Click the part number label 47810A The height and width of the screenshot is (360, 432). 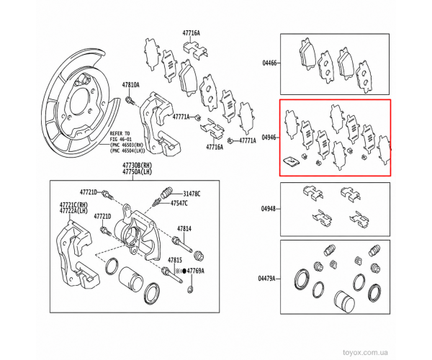130,86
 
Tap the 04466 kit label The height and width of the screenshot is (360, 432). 269,63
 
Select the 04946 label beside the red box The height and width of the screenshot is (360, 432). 269,138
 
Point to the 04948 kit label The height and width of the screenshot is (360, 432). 269,209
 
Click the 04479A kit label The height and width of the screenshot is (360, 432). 266,279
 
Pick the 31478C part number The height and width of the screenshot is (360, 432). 192,194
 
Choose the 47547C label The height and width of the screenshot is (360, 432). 179,204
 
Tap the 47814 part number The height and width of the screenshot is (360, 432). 184,229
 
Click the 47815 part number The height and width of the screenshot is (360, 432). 175,260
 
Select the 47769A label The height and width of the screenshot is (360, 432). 196,271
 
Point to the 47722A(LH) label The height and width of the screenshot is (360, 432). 69,210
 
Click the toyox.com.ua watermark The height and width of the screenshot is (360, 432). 365,352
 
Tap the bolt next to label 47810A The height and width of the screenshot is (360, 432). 130,101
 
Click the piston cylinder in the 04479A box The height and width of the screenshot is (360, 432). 344,301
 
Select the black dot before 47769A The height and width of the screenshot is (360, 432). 184,271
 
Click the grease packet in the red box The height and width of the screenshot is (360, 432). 291,161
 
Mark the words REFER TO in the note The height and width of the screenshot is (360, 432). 120,133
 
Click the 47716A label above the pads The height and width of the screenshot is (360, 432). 191,33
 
